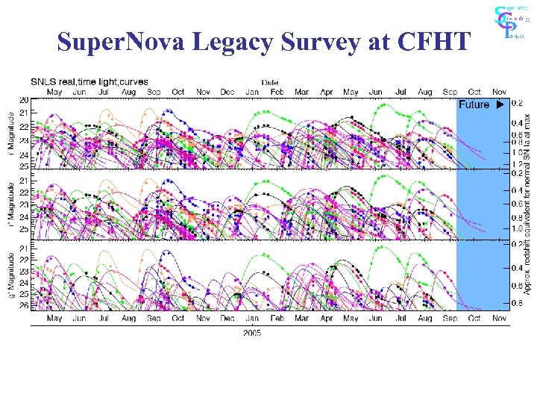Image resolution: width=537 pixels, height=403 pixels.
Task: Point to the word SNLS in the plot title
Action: tap(43, 81)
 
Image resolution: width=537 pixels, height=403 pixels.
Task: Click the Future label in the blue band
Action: tap(474, 104)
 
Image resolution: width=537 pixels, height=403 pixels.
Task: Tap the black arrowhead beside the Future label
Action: tap(501, 104)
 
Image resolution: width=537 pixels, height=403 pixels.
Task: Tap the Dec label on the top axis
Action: tap(227, 93)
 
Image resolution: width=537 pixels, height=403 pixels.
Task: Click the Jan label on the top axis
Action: tap(253, 93)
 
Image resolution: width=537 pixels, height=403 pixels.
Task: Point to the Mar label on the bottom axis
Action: tap(301, 319)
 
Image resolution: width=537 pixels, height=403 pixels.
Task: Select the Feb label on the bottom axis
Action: tap(277, 319)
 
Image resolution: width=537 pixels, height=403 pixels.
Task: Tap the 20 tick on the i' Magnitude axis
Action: tap(24, 99)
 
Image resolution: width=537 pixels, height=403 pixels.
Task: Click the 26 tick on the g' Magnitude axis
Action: tap(24, 306)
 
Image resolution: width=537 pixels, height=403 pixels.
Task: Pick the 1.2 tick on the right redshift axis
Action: tap(517, 163)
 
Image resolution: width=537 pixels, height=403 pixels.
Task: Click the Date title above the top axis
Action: tap(269, 82)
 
